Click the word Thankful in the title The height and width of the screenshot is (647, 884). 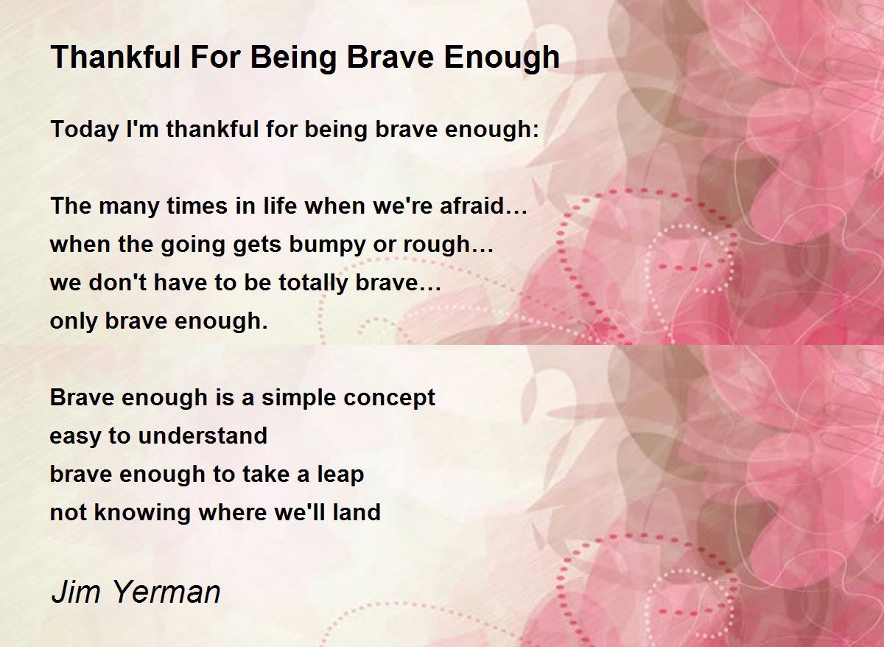(116, 57)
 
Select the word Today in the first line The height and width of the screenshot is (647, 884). (85, 130)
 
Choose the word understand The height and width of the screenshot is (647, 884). (203, 436)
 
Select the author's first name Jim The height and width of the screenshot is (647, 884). (76, 592)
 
